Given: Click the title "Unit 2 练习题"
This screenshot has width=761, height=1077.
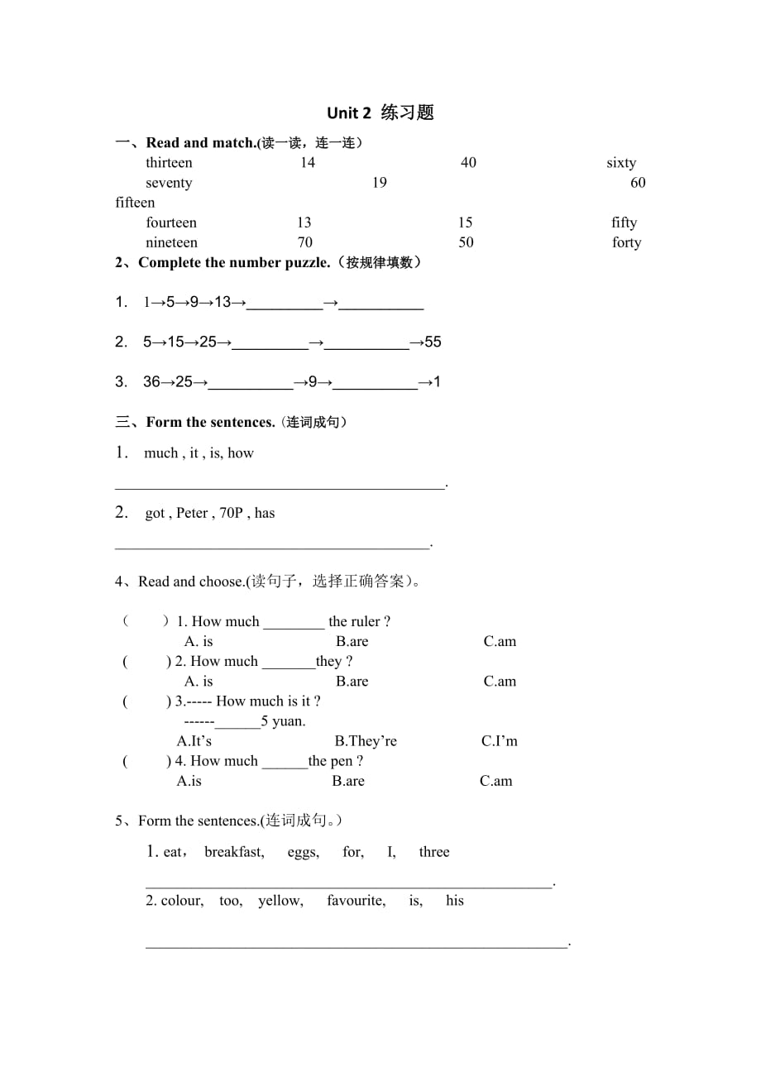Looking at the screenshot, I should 380,113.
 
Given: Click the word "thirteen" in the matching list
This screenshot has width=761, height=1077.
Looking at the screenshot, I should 169,163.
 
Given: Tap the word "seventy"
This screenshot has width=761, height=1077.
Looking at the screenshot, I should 169,183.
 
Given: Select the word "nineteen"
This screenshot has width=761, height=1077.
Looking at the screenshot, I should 171,242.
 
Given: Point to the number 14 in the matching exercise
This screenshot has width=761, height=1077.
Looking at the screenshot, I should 308,163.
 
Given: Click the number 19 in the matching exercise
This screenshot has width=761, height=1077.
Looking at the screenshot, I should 379,183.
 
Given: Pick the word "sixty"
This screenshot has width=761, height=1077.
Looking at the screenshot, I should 621,163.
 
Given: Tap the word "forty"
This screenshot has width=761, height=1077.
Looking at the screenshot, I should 626,242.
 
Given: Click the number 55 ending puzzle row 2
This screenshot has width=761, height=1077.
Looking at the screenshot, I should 433,342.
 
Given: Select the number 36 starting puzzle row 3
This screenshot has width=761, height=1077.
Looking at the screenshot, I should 151,381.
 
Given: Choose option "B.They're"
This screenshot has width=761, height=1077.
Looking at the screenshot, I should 366,741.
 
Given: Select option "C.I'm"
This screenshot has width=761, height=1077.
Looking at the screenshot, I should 500,741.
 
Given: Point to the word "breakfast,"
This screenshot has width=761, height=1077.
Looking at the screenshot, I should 234,852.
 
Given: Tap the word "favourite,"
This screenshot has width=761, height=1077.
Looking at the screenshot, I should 356,901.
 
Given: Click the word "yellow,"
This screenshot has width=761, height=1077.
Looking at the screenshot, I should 280,901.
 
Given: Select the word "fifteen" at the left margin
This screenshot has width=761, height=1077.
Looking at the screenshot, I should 135,203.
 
